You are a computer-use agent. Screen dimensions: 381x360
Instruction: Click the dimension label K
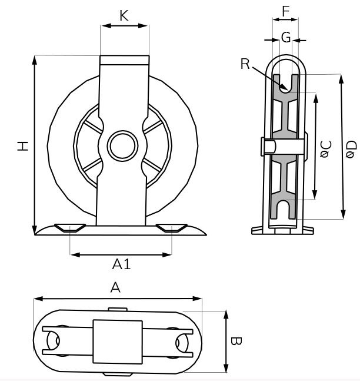pyautogui.click(x=124, y=15)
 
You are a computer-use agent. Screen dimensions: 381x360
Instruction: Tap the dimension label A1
pyautogui.click(x=121, y=264)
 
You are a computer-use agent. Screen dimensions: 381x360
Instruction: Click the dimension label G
pyautogui.click(x=285, y=38)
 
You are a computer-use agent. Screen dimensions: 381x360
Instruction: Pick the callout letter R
pyautogui.click(x=245, y=64)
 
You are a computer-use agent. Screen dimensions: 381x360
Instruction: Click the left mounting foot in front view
pyautogui.click(x=70, y=228)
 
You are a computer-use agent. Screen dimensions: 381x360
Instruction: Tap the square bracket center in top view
pyautogui.click(x=118, y=340)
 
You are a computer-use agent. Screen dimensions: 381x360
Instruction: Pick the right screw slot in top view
pyautogui.click(x=182, y=341)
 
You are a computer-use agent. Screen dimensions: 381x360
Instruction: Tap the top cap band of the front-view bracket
pyautogui.click(x=124, y=59)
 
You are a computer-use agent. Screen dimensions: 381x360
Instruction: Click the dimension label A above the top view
pyautogui.click(x=116, y=288)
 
